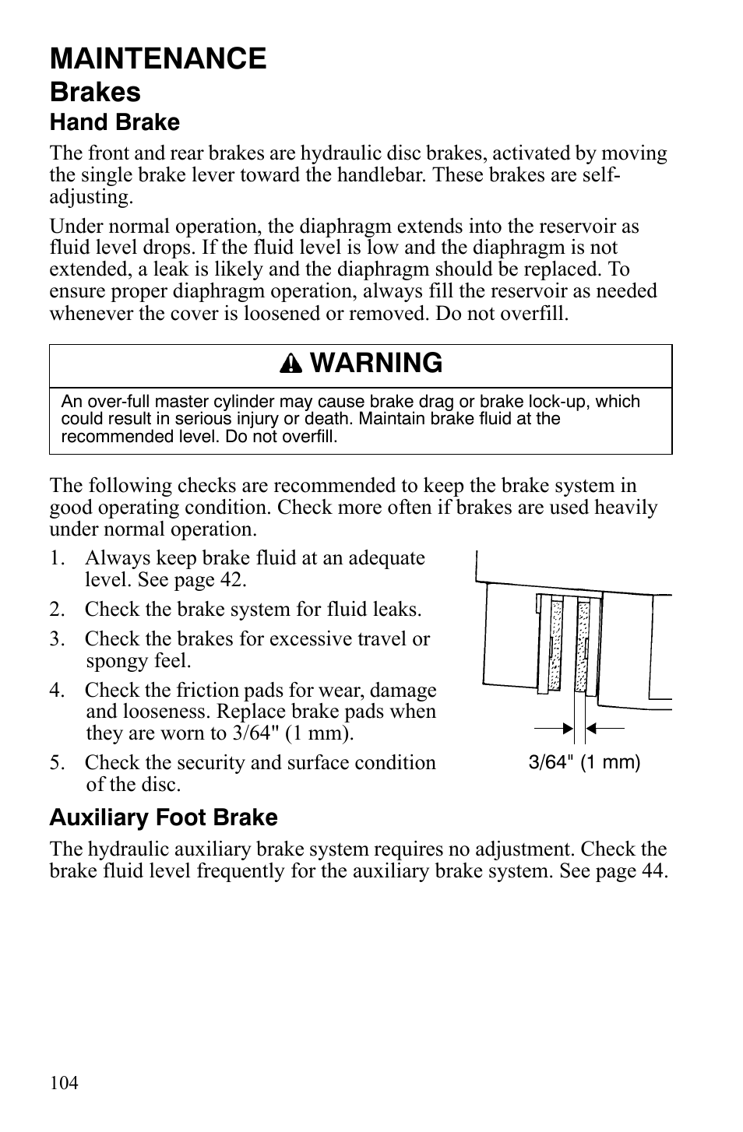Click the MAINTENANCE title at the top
coord(158,58)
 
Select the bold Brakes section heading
coord(95,92)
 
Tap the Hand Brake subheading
coord(114,122)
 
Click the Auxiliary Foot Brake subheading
coord(164,817)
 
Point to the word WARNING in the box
coord(380,363)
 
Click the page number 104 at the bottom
coord(64,1083)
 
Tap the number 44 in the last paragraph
coord(653,870)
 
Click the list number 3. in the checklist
coord(57,639)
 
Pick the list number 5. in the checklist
coord(57,763)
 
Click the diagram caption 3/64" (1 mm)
coord(584,762)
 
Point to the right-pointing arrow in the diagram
coord(555,728)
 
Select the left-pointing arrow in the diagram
coord(604,728)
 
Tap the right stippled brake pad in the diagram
coord(583,645)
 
